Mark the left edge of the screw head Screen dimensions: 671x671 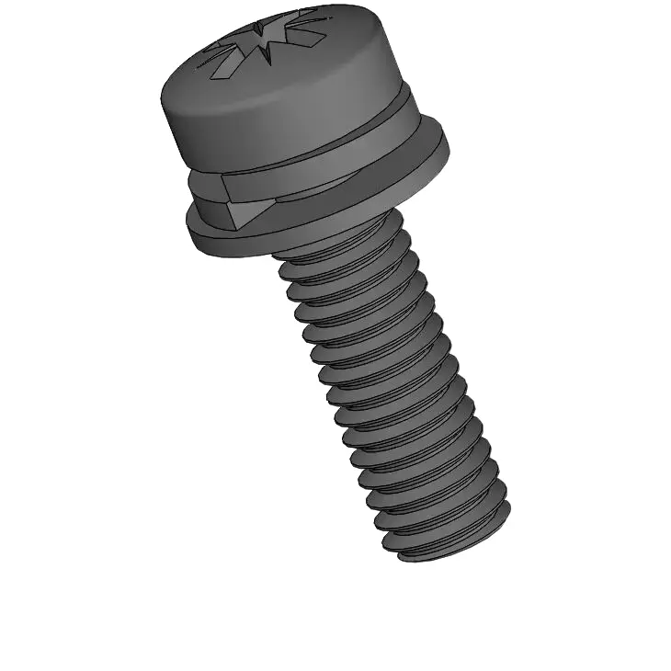tap(163, 101)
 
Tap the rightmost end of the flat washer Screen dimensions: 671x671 tap(447, 147)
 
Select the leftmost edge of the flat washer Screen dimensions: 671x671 tap(188, 221)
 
